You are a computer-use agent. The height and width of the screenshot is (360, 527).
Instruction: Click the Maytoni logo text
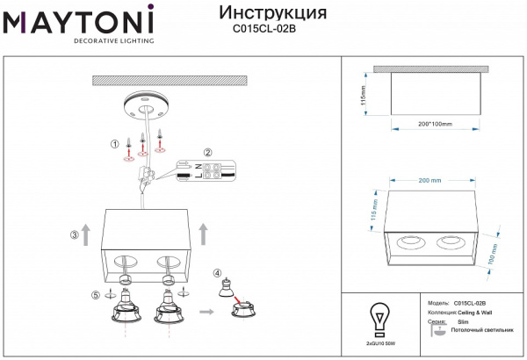pos(79,19)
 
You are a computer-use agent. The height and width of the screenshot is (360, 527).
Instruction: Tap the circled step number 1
pos(113,143)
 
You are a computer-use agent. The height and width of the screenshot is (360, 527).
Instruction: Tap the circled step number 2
pos(208,152)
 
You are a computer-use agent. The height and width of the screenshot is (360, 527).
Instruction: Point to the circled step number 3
pos(75,234)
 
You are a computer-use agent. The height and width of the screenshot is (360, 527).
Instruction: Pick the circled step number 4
pos(217,273)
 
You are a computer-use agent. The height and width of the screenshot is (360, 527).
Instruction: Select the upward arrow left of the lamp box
pos(86,233)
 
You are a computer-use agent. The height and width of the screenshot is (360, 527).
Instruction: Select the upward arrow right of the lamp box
pos(204,233)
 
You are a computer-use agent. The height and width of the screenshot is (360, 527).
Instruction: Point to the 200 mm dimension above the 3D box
pos(430,180)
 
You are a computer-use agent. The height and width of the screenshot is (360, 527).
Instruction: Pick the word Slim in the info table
pos(463,322)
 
